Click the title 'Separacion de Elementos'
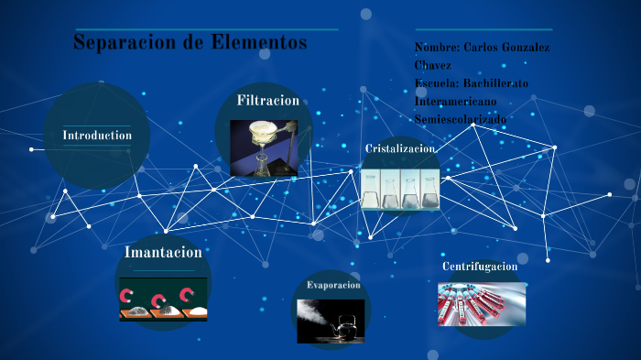click(190, 43)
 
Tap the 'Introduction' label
click(97, 136)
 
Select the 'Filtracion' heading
click(267, 101)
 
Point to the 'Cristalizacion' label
click(399, 148)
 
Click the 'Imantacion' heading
click(163, 251)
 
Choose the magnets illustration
click(163, 303)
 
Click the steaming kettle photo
click(331, 322)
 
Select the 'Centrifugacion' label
click(480, 267)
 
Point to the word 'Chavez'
click(432, 65)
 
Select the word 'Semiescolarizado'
click(460, 120)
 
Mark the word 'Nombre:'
click(437, 47)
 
